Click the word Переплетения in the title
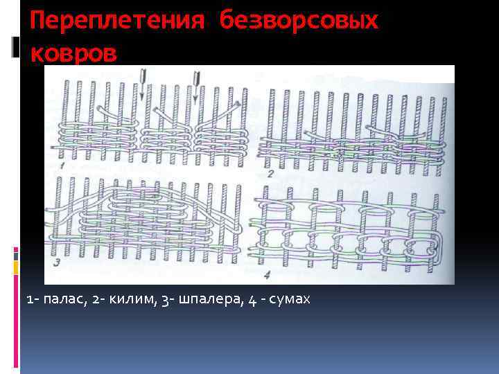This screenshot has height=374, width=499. click(x=115, y=20)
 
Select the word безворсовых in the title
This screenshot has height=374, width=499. click(x=299, y=20)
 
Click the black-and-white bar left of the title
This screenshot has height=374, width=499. click(x=15, y=47)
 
